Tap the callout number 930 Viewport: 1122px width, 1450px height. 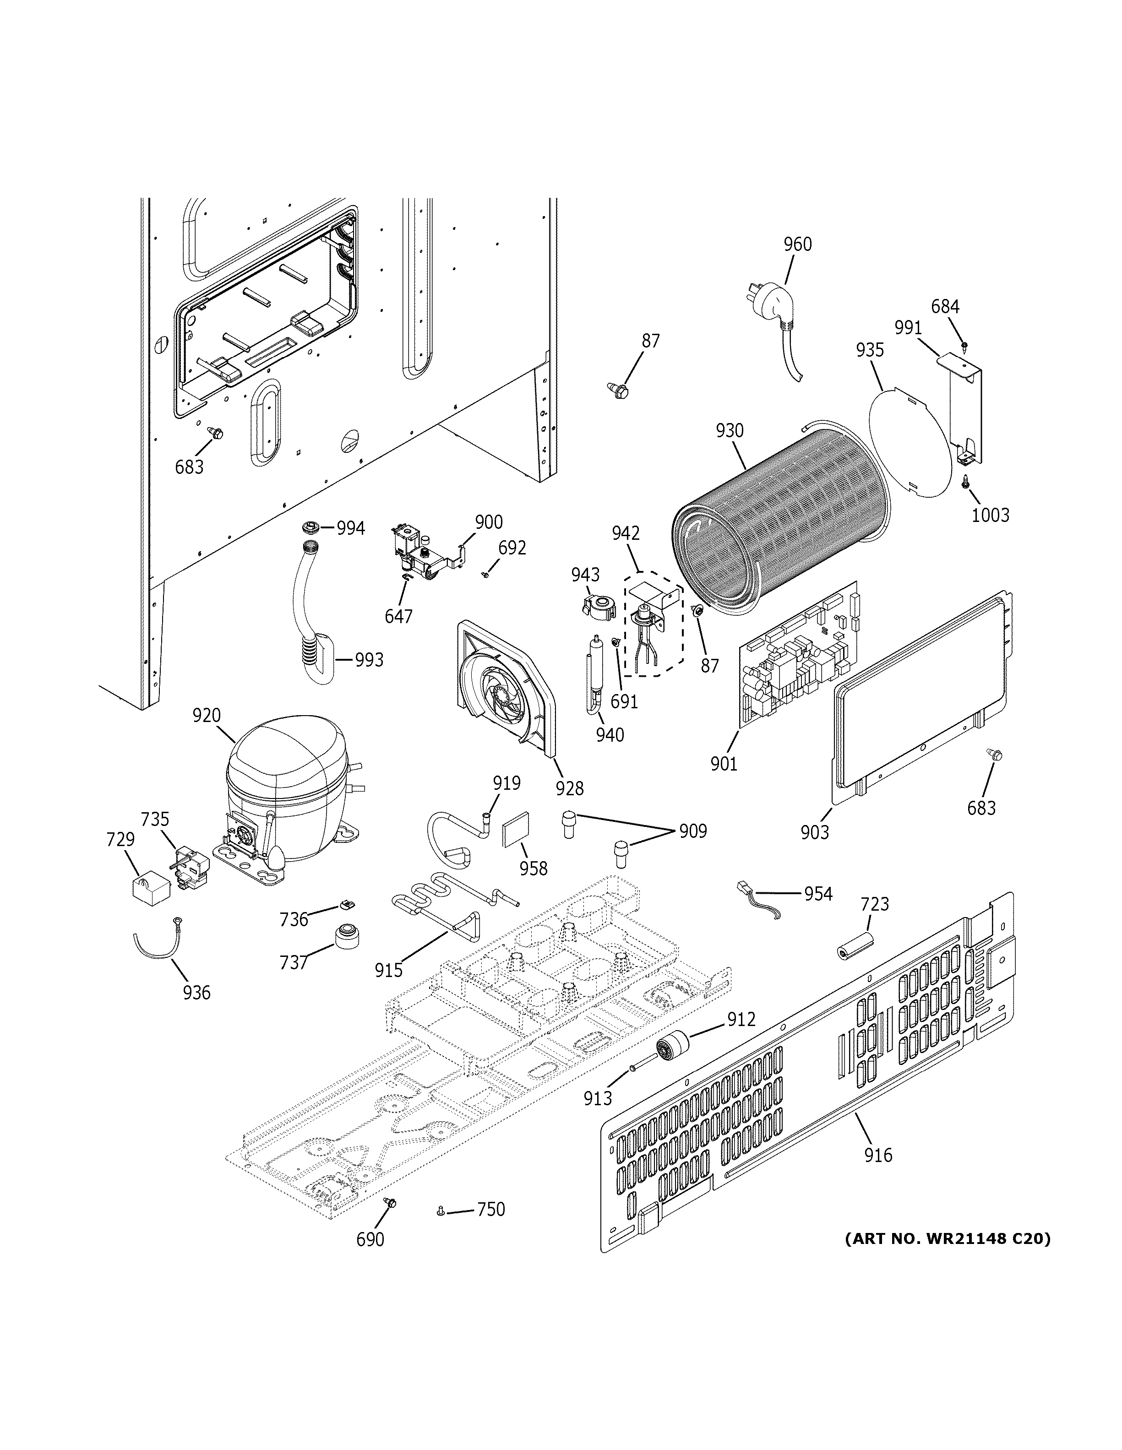(x=730, y=431)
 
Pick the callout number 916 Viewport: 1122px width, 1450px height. (x=878, y=1156)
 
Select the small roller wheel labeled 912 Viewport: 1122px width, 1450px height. (x=672, y=1050)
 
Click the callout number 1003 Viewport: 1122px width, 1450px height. (x=990, y=515)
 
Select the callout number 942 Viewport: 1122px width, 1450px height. (x=626, y=532)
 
